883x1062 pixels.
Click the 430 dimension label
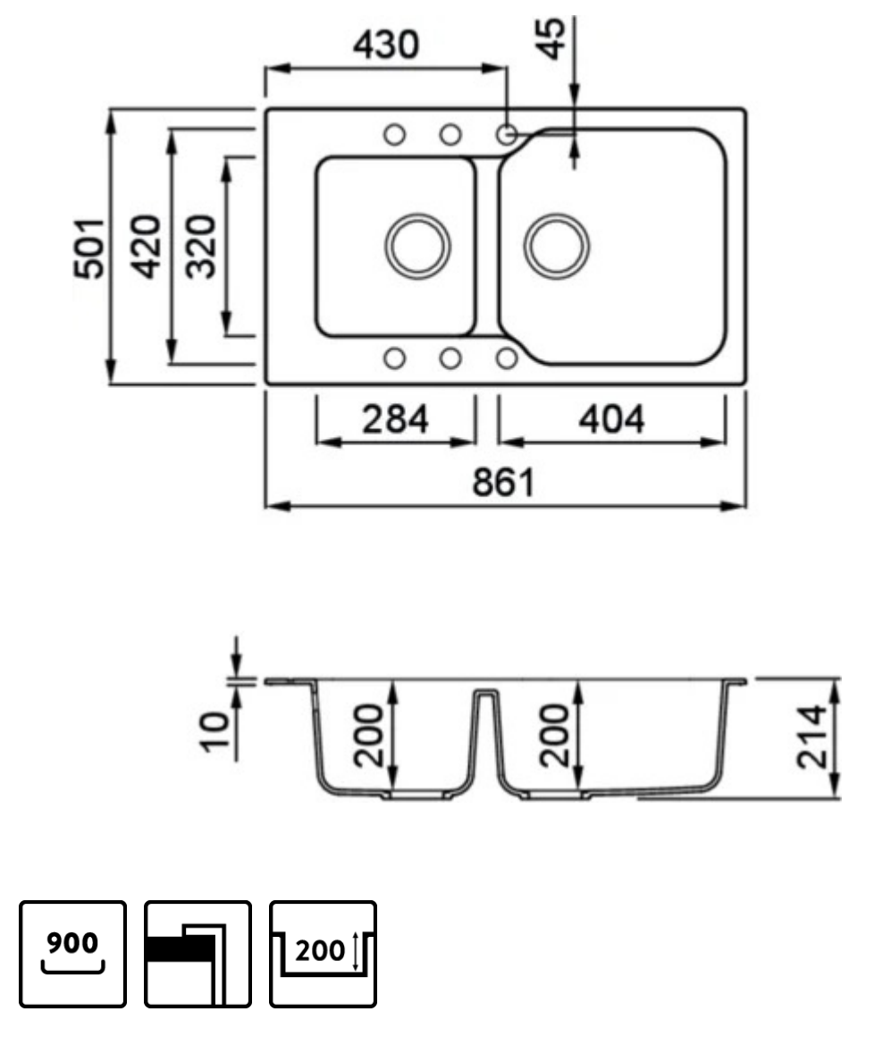tap(385, 44)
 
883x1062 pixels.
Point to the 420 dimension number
tap(146, 248)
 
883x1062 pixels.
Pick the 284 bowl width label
tap(395, 418)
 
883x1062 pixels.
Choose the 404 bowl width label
tap(611, 418)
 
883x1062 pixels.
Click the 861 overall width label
tap(504, 483)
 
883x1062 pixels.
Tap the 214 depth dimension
tap(812, 737)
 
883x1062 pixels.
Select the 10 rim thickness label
tap(214, 732)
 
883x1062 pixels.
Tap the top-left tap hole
tap(393, 135)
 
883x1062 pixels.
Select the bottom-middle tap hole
tap(450, 358)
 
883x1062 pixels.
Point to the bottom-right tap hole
tap(507, 358)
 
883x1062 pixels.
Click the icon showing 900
tap(73, 954)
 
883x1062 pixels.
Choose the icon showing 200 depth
tap(323, 954)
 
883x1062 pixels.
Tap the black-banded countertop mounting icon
tap(198, 954)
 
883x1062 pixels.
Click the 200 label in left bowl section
tap(368, 735)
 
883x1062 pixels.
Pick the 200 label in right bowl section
tap(557, 735)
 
